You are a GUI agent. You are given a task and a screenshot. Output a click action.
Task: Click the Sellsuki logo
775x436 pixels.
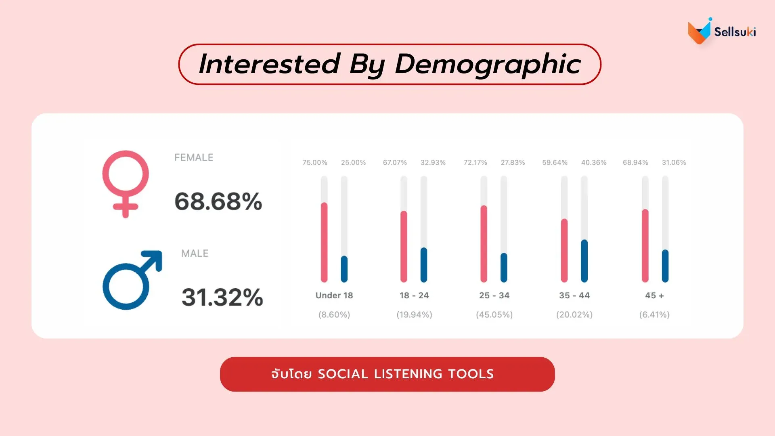pyautogui.click(x=721, y=31)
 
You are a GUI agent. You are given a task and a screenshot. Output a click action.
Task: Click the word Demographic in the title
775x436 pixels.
pyautogui.click(x=488, y=64)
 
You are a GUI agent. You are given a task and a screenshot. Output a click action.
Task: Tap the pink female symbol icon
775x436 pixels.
pyautogui.click(x=126, y=184)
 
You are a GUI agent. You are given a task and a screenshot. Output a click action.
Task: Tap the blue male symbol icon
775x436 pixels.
pyautogui.click(x=132, y=280)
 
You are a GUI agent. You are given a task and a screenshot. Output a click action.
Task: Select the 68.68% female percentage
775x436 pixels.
pyautogui.click(x=218, y=201)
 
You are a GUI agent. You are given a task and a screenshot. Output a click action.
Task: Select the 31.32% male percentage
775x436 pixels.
pyautogui.click(x=222, y=297)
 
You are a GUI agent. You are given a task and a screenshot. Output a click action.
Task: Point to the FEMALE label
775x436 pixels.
pyautogui.click(x=194, y=157)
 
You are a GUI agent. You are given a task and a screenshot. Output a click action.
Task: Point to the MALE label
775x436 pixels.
pyautogui.click(x=195, y=254)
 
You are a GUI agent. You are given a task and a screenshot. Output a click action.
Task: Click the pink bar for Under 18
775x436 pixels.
pyautogui.click(x=324, y=242)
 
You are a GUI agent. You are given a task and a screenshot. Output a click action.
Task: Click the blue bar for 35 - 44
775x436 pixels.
pyautogui.click(x=584, y=261)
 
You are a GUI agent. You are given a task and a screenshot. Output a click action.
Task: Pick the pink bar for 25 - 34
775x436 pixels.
pyautogui.click(x=484, y=244)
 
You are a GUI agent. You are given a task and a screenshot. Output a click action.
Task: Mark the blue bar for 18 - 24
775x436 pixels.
pyautogui.click(x=424, y=264)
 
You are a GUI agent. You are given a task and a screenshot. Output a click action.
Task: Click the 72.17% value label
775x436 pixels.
pyautogui.click(x=475, y=163)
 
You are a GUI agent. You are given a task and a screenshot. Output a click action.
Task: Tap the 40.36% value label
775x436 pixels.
pyautogui.click(x=594, y=163)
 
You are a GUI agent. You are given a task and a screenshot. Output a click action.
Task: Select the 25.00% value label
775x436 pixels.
pyautogui.click(x=353, y=163)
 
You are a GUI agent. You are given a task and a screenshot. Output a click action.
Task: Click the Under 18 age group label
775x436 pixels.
pyautogui.click(x=334, y=296)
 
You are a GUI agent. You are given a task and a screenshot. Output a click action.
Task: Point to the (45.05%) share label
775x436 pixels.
pyautogui.click(x=494, y=314)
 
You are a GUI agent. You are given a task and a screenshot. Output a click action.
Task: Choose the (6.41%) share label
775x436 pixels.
pyautogui.click(x=654, y=314)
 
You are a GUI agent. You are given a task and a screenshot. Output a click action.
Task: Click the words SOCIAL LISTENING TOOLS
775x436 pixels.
pyautogui.click(x=406, y=374)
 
